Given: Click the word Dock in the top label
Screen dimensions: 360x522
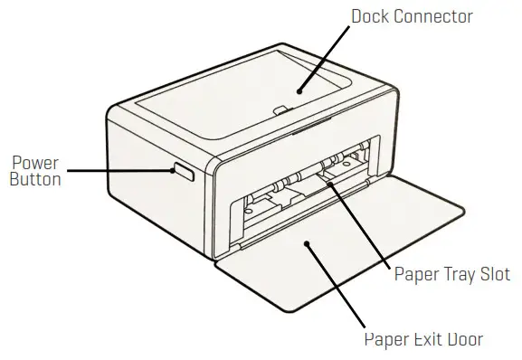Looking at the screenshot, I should coord(373,17).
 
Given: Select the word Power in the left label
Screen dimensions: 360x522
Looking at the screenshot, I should coord(35,163).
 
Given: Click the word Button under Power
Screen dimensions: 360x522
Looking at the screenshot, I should coord(35,179).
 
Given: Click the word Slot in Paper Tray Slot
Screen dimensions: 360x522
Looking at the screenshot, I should coord(489,274).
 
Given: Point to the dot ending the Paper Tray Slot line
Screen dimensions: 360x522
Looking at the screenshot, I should coord(330,184).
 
